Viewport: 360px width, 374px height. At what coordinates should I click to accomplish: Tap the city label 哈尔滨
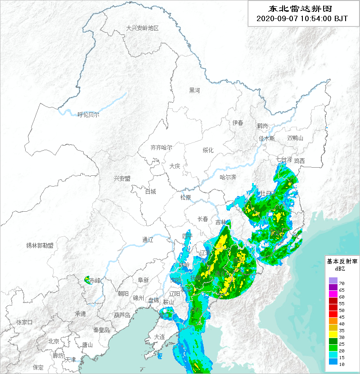pos(228,177)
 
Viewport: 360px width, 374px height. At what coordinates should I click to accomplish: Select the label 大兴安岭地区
pos(142,28)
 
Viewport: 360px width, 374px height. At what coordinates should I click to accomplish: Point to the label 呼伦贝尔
pos(88,115)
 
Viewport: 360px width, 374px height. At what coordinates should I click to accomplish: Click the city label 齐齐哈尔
pos(161,147)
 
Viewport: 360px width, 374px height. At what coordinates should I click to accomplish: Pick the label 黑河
pos(194,90)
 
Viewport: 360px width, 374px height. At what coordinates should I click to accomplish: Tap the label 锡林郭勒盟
pos(40,245)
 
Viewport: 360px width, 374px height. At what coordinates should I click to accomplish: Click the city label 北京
pos(54,341)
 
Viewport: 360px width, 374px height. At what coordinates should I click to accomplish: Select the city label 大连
pos(159,337)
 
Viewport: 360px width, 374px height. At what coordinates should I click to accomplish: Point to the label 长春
pos(203,219)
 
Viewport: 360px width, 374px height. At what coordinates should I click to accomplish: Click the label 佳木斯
pos(266,138)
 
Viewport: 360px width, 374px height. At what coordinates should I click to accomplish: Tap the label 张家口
pos(24,322)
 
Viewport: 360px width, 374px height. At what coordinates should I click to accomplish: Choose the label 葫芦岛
pos(122,315)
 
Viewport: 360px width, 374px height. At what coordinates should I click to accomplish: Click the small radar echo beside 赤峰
pos(87,280)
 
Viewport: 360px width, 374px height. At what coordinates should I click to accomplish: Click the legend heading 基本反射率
pos(342,261)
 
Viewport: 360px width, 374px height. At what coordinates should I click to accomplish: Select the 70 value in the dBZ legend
pos(342,283)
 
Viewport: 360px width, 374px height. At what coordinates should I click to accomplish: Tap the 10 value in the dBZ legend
pos(342,364)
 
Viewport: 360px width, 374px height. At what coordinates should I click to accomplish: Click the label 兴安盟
pos(122,178)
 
